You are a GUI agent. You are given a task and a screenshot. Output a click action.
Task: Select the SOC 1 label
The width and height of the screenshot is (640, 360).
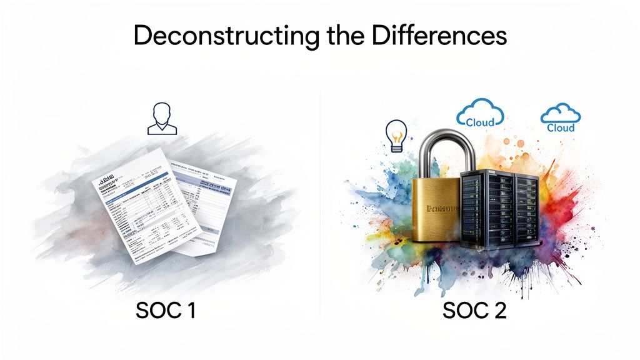tap(166, 311)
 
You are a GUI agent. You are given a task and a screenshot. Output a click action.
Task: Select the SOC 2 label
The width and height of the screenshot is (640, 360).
tap(475, 311)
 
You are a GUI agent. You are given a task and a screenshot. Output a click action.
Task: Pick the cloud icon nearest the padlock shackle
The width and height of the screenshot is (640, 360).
tap(480, 113)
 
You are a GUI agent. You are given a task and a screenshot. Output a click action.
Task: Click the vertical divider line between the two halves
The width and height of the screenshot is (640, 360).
tap(320, 206)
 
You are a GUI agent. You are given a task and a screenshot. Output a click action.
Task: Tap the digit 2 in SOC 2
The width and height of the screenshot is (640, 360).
tap(500, 311)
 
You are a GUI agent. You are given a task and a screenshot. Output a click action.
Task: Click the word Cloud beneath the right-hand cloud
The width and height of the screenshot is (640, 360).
tap(561, 127)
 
